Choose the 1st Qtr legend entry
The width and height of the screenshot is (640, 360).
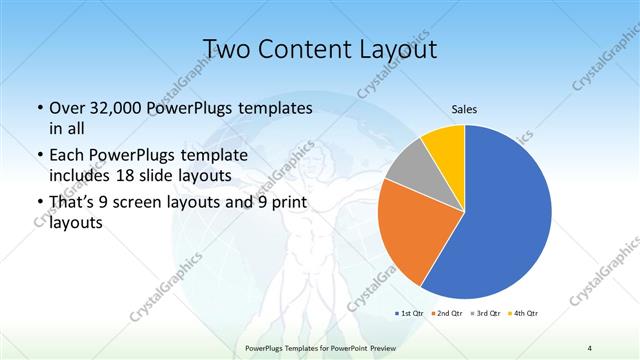click(411, 313)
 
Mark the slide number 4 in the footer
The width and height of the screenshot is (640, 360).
click(590, 347)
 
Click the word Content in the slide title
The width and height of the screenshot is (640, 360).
click(305, 49)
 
